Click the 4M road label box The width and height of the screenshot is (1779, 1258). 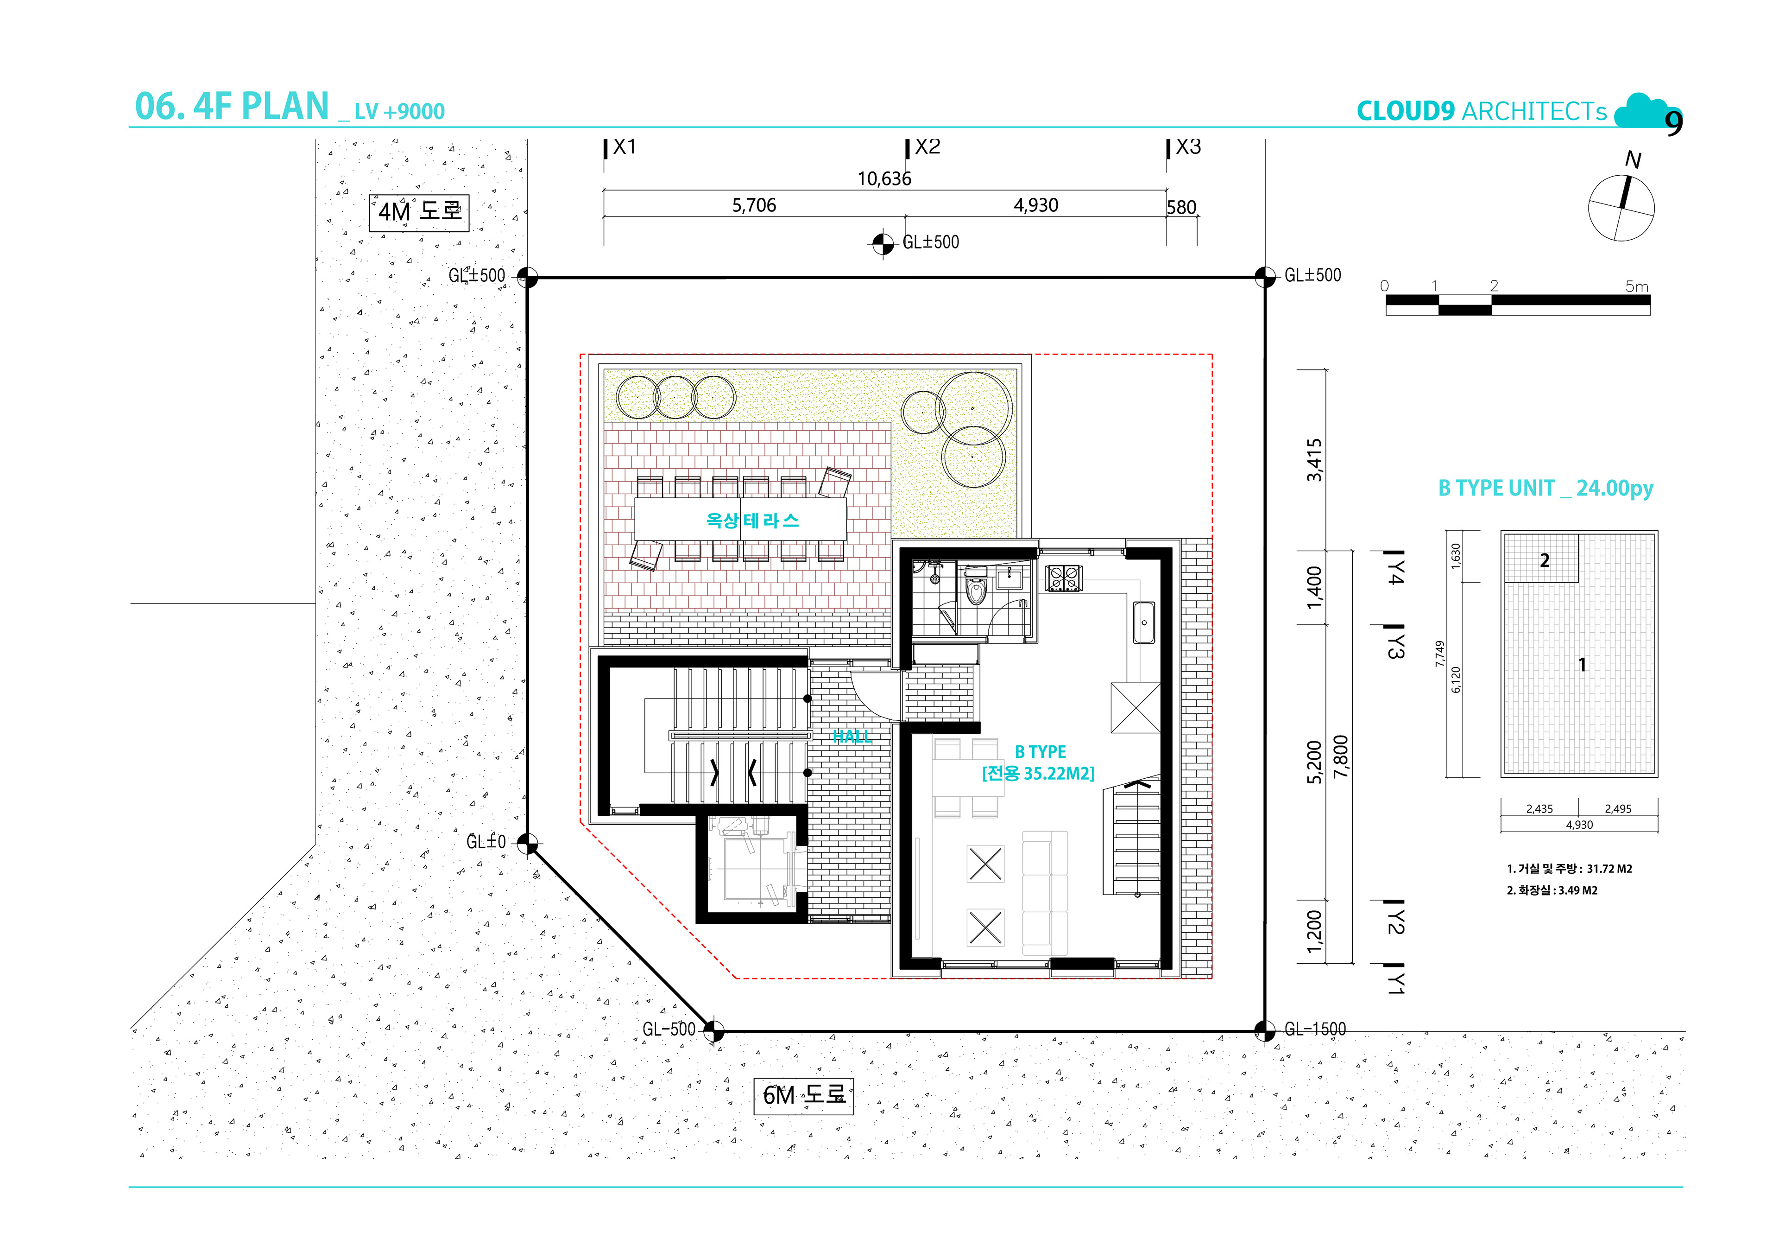coord(419,212)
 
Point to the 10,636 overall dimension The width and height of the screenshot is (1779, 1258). coord(884,179)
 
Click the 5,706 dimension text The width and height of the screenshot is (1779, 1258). coord(754,205)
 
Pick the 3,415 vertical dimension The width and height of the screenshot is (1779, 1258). coord(1314,460)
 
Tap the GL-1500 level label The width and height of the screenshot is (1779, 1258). coord(1315,1029)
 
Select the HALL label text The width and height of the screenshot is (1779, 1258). coord(852,737)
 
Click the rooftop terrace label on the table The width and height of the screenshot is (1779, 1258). coord(751,520)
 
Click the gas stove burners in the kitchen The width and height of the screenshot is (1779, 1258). coord(1064,578)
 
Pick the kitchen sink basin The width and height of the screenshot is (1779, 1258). coord(1144,623)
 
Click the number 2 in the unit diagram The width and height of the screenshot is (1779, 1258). coord(1544,560)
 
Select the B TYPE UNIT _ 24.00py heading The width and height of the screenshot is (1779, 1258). coord(1546,488)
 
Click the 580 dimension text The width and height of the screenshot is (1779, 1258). coord(1182,208)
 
